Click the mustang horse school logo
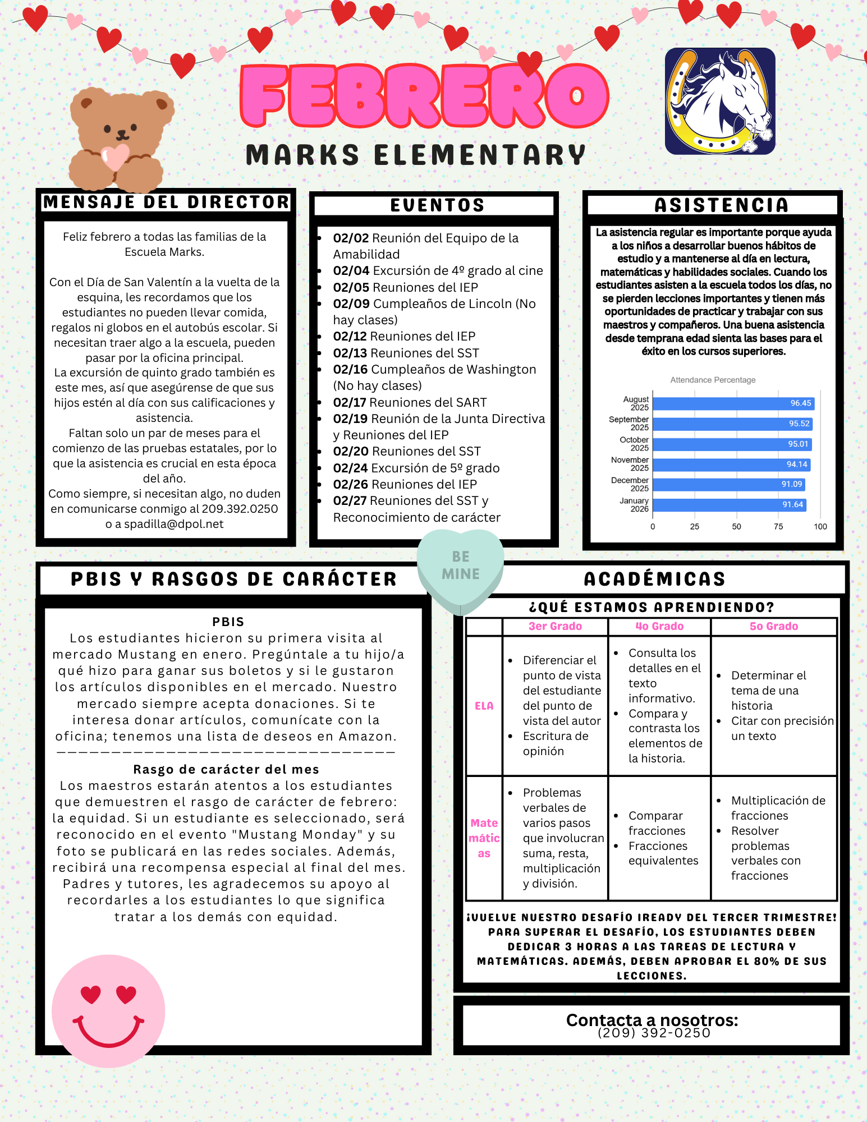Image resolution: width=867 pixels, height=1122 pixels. (720, 101)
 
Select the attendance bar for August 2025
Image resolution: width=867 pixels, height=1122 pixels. (732, 403)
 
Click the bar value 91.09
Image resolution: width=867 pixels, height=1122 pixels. (791, 484)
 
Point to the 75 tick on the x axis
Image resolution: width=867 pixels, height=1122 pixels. (778, 526)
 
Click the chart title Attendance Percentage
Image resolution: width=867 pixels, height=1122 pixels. (713, 380)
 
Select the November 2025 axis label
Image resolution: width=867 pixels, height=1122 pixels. (630, 464)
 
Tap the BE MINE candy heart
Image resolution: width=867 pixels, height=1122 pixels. (460, 567)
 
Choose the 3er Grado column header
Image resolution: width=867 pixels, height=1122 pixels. (555, 626)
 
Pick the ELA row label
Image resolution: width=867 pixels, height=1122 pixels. (484, 706)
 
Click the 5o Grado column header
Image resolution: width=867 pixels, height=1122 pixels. (773, 626)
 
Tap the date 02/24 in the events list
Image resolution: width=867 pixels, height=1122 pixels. (351, 468)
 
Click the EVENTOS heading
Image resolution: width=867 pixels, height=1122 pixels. (437, 205)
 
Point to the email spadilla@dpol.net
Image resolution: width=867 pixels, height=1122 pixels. (173, 524)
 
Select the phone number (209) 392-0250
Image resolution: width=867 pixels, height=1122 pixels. (654, 1033)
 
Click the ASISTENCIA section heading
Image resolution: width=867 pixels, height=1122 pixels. (721, 205)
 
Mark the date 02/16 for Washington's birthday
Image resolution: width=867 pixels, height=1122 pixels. (351, 370)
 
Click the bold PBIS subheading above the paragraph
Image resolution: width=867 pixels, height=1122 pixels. (228, 622)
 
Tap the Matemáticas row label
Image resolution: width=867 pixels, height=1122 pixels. (484, 838)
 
